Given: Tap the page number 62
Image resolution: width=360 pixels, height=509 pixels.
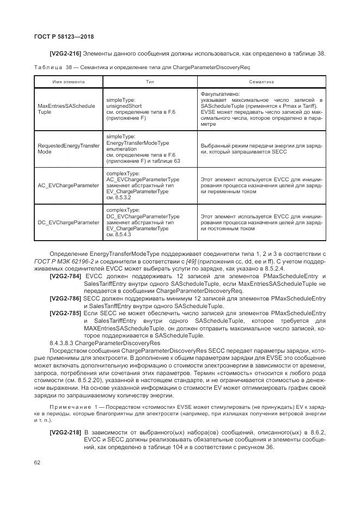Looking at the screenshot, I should coord(38,462).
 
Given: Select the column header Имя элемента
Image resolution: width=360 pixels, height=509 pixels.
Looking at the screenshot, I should coord(68,82).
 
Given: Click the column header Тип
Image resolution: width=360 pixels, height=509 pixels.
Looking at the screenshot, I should coord(150,82).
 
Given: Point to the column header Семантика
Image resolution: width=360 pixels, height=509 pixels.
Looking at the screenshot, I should coord(261,82).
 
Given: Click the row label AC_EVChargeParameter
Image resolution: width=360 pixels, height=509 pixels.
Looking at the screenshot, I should coord(68,185).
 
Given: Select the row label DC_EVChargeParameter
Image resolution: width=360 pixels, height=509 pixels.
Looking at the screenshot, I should coord(68,222).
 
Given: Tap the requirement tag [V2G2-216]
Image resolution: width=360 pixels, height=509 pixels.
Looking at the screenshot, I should coord(65,53).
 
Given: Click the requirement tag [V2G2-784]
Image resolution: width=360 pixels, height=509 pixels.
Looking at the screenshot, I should coord(65,277).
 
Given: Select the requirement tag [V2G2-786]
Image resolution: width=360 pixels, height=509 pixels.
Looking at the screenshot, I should coord(65,298).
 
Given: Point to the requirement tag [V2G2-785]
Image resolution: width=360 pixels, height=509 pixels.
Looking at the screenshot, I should coord(65,313).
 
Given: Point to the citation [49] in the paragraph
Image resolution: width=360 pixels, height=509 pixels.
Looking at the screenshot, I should coord(190,261).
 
